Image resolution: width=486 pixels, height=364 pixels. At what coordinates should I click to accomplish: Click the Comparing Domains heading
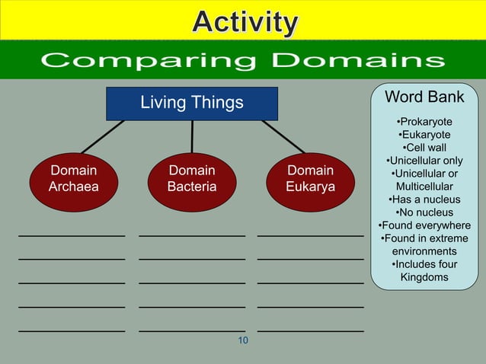pos(243,61)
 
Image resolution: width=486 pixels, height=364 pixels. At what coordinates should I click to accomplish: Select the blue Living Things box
pos(192,103)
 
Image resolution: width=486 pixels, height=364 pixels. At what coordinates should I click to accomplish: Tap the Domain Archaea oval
pos(73,179)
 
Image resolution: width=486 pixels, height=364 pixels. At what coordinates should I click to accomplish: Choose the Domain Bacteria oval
pos(192,179)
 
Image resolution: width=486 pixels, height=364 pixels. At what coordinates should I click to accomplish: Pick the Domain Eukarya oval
pos(311,179)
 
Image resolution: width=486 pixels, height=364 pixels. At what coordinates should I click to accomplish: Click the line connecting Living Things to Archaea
pos(103,137)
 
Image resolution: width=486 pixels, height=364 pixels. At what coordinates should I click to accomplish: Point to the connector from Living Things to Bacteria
pos(192,137)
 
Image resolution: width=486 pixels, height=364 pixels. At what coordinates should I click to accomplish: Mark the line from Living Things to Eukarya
pos(283,137)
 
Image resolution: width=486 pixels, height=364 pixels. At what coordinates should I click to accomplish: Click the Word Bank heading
pos(424,97)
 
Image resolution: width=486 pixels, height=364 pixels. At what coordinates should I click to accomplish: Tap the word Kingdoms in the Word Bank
pos(424,277)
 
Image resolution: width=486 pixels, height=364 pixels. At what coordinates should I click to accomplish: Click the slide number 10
pos(243,340)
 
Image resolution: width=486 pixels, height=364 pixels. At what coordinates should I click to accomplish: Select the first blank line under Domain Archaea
pos(72,236)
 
